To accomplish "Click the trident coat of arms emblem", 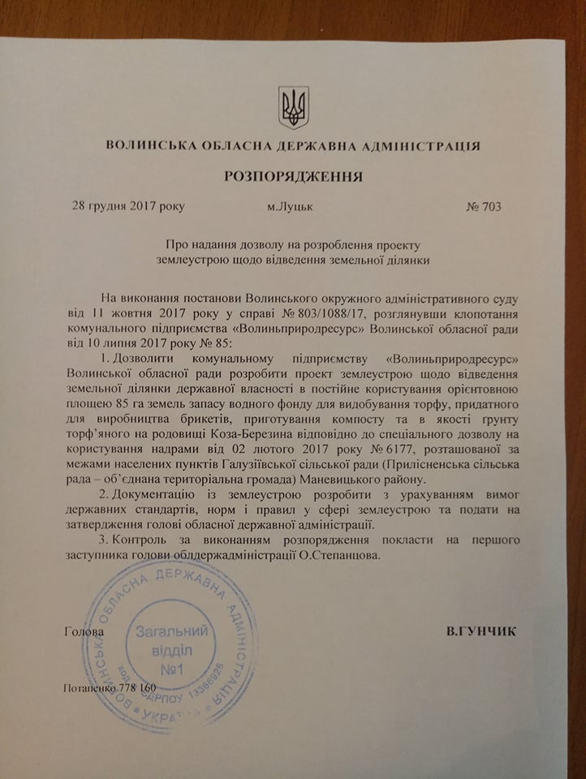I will coord(293,107).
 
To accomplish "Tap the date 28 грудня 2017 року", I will coord(129,205).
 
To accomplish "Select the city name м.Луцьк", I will coord(291,206).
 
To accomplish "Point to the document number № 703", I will coord(484,205).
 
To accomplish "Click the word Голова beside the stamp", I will coord(83,631).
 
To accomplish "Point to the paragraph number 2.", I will coord(100,494).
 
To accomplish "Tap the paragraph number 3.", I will coord(100,540).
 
